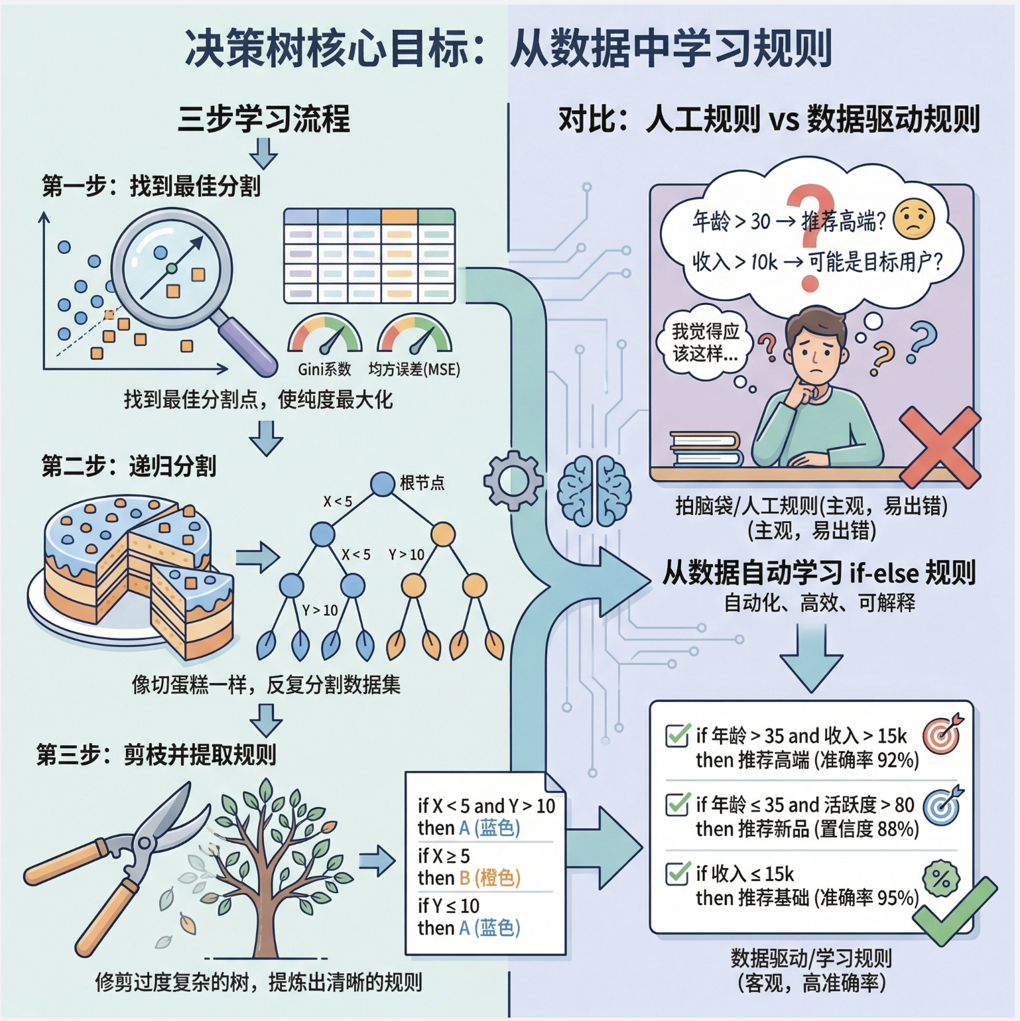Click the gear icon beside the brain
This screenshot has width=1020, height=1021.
513,480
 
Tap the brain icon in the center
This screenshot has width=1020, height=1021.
594,491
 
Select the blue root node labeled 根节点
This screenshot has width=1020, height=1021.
383,483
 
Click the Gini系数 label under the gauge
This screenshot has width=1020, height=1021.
324,369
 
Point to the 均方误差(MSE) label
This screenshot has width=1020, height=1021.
414,369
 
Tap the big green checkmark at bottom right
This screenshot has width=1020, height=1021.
954,911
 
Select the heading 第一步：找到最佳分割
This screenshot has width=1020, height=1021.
151,186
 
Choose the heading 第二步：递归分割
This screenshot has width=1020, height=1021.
129,466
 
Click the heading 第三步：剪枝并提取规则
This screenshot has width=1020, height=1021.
157,754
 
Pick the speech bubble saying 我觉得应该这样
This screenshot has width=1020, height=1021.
704,343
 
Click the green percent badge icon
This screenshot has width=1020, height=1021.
941,878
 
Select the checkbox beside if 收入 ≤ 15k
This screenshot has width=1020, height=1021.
677,873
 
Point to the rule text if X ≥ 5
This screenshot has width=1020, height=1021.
444,855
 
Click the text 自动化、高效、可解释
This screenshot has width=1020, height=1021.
819,603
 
